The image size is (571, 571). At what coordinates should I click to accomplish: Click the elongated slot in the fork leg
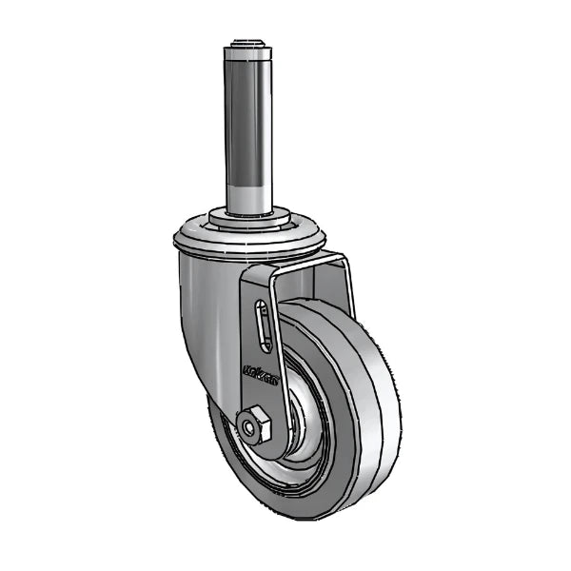click(261, 329)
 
